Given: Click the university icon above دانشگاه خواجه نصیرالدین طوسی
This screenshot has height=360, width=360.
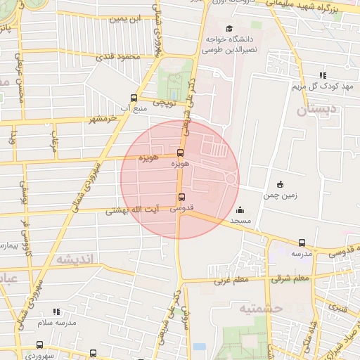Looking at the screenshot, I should pyautogui.click(x=211, y=28).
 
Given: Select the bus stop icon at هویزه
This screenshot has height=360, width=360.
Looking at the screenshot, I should pyautogui.click(x=181, y=152).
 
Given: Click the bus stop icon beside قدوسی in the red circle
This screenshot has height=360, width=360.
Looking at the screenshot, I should pyautogui.click(x=181, y=197).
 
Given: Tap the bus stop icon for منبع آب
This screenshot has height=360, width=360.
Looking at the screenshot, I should pyautogui.click(x=134, y=98).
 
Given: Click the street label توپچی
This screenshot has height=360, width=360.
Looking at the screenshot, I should pyautogui.click(x=164, y=104).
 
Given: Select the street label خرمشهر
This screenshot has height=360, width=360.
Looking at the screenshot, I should pyautogui.click(x=103, y=119).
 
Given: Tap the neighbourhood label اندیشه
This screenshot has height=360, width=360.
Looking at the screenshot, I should pyautogui.click(x=74, y=259).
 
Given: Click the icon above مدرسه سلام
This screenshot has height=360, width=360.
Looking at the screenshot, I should pyautogui.click(x=56, y=311).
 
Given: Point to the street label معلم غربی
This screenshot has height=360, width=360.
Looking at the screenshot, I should pyautogui.click(x=227, y=280).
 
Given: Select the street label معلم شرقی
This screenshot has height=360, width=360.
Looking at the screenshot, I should pyautogui.click(x=291, y=278).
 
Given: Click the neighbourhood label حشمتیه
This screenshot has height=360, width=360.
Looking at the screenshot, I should pyautogui.click(x=260, y=308).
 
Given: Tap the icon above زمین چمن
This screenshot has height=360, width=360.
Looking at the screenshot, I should pyautogui.click(x=281, y=185).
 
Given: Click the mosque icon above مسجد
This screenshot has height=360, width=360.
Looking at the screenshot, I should pyautogui.click(x=240, y=210).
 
